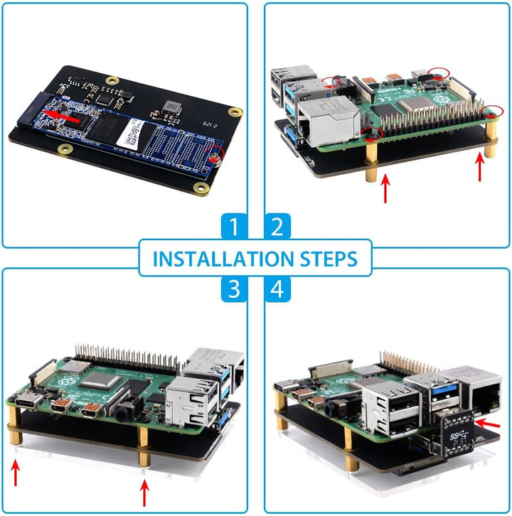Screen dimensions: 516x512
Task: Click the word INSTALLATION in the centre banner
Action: pos(218,259)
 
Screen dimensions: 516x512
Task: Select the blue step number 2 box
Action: pos(278,227)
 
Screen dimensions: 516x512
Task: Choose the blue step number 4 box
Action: pos(278,289)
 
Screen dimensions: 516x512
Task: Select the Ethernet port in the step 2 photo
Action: pos(324,113)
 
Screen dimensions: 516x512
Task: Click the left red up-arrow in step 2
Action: pos(386,188)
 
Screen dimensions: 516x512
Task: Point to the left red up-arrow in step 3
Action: pos(16,470)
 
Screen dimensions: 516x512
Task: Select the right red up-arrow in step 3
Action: pos(145,490)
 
